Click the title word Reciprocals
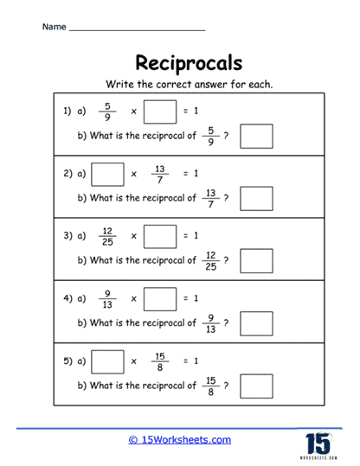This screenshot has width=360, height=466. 189,63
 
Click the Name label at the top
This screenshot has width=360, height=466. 55,27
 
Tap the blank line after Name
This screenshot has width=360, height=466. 137,30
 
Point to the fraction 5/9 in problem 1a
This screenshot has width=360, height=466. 107,112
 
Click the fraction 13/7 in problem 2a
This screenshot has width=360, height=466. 160,175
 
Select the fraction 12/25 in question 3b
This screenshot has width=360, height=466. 210,261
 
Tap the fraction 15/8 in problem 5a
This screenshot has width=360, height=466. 160,362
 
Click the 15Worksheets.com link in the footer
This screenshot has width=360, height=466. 180,440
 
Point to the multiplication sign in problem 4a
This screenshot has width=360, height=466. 134,299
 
